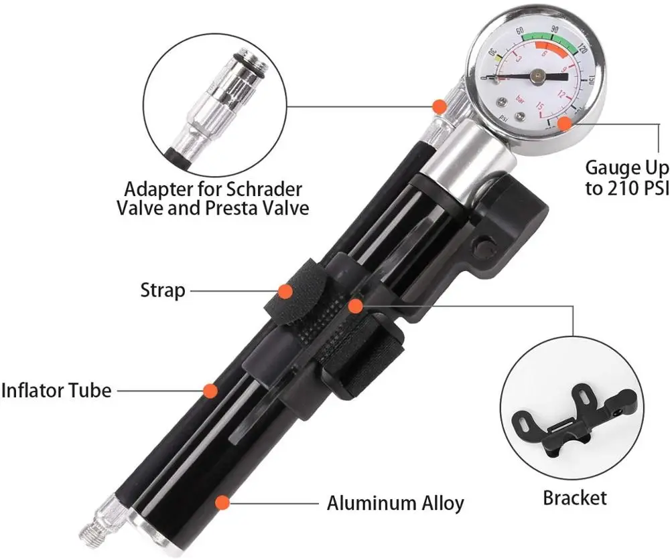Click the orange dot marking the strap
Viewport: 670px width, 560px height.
click(x=285, y=291)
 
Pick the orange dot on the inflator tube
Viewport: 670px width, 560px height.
click(x=210, y=389)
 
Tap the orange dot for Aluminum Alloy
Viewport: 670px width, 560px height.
click(x=221, y=502)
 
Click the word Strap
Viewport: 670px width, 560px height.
click(x=163, y=290)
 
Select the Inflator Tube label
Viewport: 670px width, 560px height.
click(x=56, y=389)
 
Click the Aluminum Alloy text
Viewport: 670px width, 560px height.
click(x=395, y=502)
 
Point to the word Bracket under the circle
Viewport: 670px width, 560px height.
click(x=574, y=497)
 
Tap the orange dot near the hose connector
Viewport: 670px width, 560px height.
click(x=439, y=106)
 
